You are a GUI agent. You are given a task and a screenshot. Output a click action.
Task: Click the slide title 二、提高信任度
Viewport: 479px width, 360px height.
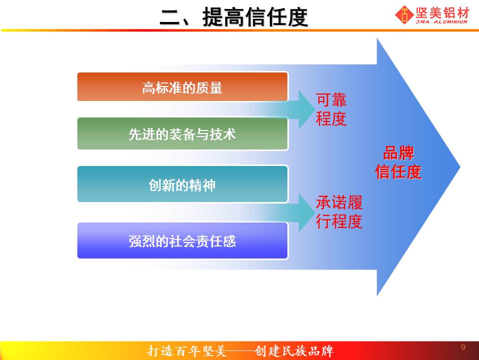[234, 17]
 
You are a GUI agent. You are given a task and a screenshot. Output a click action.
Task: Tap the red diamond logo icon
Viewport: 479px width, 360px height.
[405, 14]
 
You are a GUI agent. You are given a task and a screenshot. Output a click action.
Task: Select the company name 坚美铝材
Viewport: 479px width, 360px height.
[442, 13]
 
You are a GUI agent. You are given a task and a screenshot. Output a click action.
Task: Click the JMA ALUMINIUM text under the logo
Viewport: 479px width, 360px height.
[442, 22]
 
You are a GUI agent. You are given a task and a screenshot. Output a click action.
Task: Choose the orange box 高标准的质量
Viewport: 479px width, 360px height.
[183, 86]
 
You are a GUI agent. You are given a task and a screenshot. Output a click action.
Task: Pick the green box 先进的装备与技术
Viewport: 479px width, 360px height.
[183, 134]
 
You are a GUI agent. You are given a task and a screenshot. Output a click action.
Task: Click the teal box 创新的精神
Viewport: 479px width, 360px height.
[183, 184]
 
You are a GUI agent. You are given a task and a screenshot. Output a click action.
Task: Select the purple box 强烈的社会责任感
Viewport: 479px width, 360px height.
[183, 240]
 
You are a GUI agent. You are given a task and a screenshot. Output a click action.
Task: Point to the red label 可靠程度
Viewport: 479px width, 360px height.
[331, 109]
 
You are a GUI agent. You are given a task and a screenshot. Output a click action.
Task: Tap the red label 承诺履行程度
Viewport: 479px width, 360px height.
[339, 212]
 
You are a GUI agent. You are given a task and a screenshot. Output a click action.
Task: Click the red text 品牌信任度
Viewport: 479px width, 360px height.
[398, 162]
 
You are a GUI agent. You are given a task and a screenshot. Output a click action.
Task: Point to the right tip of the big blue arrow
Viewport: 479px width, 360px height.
[460, 167]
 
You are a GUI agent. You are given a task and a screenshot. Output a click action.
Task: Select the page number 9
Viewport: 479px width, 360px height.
[463, 347]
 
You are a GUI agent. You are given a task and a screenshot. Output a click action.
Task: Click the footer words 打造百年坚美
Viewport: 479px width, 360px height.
[187, 351]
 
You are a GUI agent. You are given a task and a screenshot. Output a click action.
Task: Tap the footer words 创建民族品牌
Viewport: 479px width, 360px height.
[293, 351]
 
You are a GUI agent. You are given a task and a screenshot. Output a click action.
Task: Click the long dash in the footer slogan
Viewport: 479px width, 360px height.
[240, 351]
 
